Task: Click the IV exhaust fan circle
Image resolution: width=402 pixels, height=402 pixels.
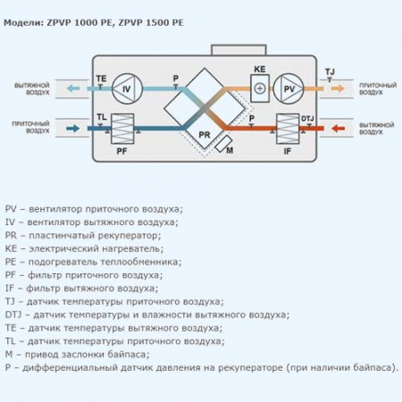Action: click(126, 89)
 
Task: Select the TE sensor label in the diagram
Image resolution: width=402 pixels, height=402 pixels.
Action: click(101, 80)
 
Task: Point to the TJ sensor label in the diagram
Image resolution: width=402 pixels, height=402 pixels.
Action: click(330, 70)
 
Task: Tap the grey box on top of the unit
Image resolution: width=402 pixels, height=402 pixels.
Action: click(229, 49)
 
